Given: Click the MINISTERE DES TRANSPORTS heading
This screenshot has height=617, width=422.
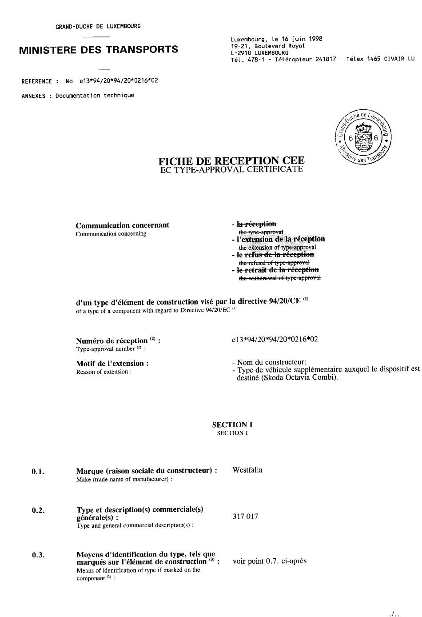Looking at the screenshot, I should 99,50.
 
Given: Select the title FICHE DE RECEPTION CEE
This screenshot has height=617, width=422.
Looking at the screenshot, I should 231,161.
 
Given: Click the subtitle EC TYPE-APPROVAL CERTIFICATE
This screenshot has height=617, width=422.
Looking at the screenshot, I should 231,169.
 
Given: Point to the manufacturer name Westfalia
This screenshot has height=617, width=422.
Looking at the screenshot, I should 247,470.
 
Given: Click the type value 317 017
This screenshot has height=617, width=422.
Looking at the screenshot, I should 245,517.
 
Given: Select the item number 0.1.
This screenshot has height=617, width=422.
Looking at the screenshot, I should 38,472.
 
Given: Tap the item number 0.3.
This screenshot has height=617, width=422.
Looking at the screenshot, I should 38,555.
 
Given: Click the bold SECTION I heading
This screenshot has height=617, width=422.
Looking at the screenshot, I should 232,425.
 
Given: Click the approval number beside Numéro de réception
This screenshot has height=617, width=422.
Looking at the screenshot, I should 275,340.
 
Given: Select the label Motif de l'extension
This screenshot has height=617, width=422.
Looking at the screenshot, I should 112,364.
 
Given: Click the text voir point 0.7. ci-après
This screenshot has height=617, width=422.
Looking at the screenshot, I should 270,561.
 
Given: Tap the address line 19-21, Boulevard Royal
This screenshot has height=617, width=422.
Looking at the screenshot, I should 268,46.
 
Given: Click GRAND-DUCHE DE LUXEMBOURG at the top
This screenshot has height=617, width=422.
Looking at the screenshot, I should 98,26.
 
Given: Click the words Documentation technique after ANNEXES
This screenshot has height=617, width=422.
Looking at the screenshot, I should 95,96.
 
